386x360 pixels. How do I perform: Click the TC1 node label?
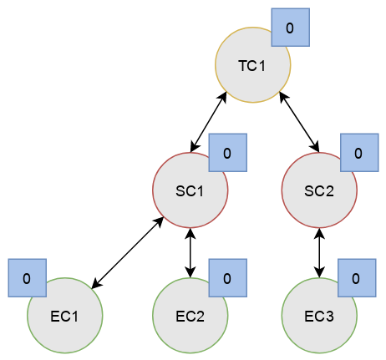point(252,66)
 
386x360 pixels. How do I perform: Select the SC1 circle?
point(190,190)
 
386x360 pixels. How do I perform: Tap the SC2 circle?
point(319,190)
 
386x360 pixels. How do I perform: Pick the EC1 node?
point(65,316)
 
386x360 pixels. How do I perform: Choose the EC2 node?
point(190,316)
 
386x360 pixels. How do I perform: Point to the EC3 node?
point(319,316)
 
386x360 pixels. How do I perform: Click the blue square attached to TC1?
point(291,28)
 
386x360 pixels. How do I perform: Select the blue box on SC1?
point(228,153)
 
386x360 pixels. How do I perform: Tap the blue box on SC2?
point(359,153)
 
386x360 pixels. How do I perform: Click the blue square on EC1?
point(28,278)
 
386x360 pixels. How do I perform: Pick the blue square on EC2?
point(228,278)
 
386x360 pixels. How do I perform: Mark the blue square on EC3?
point(357,278)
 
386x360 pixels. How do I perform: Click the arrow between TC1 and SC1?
point(208,123)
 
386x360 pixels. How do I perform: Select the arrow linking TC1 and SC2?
point(299,123)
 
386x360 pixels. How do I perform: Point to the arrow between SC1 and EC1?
point(128,253)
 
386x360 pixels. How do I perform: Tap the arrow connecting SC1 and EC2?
point(190,253)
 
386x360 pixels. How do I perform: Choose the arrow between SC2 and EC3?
point(319,253)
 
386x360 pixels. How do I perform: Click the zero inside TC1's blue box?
point(290,28)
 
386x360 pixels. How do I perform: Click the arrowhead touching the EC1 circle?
point(96,284)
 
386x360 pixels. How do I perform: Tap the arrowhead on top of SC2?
point(316,147)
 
